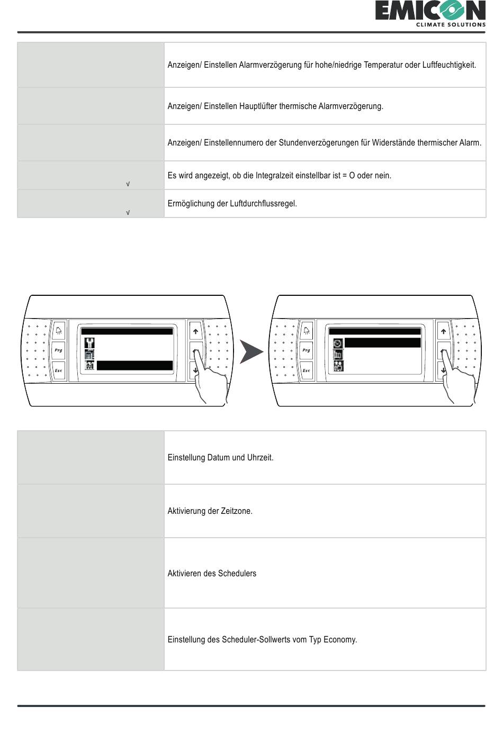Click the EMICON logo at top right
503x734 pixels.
[x=430, y=13]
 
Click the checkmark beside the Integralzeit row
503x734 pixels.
[x=128, y=184]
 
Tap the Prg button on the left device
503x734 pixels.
[x=58, y=350]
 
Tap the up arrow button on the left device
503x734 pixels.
[x=195, y=332]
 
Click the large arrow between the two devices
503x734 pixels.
[x=251, y=352]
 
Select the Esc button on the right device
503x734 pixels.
[x=306, y=370]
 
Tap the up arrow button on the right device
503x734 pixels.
[x=443, y=332]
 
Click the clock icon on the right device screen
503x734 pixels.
[x=338, y=343]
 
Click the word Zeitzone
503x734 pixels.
[x=236, y=511]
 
